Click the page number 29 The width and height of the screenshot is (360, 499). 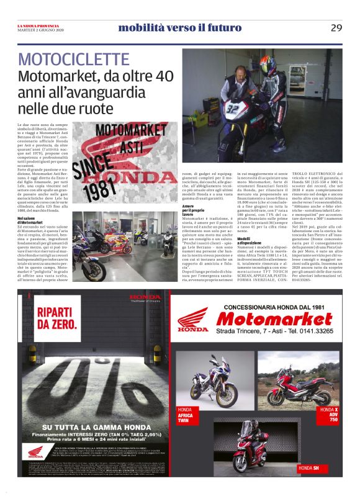pos(336,27)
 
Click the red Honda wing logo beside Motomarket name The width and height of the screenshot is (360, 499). pos(193,321)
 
